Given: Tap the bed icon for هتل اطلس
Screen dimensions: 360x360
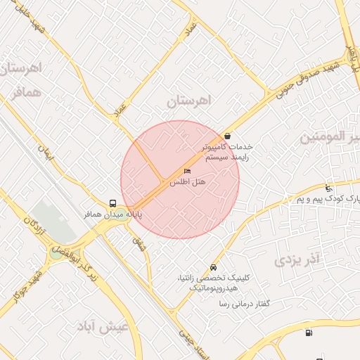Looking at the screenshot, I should point(187,172).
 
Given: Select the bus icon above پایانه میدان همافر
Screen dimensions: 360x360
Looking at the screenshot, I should point(113,203).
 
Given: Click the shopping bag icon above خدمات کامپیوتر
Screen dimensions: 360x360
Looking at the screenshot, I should point(227,136).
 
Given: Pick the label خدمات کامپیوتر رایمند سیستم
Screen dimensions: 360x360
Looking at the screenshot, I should point(226,153).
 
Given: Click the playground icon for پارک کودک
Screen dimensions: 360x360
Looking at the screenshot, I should point(328,188).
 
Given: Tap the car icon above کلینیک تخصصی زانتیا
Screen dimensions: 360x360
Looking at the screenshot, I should point(214,268).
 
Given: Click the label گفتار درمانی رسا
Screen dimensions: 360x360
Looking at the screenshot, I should point(245,304).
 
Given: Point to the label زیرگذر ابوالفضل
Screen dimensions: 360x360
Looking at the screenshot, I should point(83,262).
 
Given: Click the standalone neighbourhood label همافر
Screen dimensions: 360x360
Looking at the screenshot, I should point(27,92).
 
